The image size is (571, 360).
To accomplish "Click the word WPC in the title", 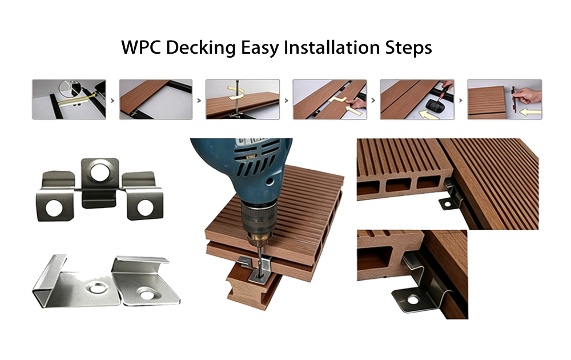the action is click(141, 48).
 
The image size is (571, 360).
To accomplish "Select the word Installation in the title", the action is click(332, 48).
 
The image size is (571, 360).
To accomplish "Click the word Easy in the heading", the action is click(260, 49).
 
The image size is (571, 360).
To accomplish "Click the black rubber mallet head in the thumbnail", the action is click(435, 105).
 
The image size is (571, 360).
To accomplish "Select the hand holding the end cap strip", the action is click(529, 95).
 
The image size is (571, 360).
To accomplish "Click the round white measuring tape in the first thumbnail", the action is click(69, 89).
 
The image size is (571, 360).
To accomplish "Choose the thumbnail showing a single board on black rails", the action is click(156, 99).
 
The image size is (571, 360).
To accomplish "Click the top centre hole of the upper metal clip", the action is click(100, 172).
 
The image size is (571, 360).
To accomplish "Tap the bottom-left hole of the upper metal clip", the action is click(54, 208).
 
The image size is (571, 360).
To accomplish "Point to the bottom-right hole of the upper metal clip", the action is click(145, 207).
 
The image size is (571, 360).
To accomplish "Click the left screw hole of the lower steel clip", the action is click(96, 288).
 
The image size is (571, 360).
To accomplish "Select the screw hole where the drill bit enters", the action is click(260, 277).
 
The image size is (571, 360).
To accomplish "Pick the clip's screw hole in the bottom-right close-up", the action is click(413, 300).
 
